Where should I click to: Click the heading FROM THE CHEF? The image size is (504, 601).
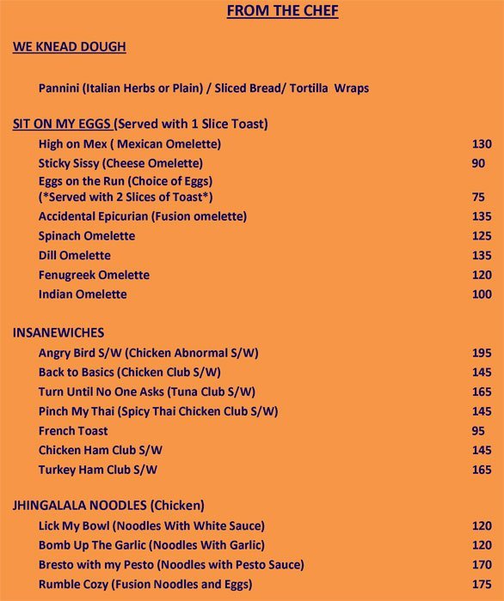pos(282,11)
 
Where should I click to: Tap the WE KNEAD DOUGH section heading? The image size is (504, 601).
pos(69,46)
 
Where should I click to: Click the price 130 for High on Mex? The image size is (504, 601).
pos(482,143)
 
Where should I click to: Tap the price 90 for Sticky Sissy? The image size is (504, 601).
pos(478,163)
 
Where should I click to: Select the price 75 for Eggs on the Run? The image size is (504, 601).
pos(478,197)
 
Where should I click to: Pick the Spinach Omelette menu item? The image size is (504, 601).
pos(87,235)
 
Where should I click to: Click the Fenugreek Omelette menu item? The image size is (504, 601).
pos(94,275)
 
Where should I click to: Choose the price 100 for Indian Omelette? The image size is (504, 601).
pos(482,294)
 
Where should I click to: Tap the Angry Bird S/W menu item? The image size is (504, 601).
pos(149,353)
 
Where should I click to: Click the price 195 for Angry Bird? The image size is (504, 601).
pos(482,353)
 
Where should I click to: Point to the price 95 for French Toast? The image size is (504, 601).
pos(478,430)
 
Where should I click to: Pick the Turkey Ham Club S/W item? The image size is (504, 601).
pos(98,470)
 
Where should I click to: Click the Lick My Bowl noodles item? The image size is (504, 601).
pos(151,525)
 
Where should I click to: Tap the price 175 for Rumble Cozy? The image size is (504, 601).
pos(482,584)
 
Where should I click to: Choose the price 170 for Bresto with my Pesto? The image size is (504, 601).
pos(482,565)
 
